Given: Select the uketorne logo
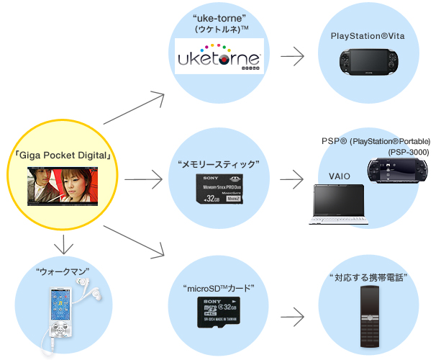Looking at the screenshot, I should point(220,55).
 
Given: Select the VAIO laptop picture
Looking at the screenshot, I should point(341,204).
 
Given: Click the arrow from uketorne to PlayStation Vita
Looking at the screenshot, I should point(291,55).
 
